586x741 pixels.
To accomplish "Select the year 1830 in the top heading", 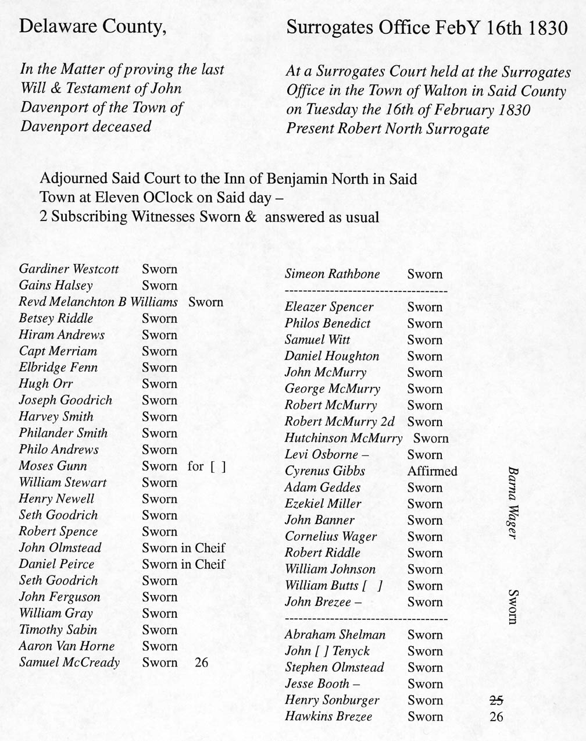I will [548, 28].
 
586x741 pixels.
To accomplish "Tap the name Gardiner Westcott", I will [69, 269].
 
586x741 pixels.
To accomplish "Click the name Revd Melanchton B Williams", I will [98, 302].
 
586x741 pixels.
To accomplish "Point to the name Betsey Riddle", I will [56, 318].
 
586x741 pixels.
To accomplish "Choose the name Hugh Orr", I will [45, 384].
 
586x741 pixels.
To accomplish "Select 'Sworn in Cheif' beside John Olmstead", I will [183, 548].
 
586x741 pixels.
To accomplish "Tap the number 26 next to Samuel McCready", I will [201, 662].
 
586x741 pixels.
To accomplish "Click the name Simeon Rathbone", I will [332, 274].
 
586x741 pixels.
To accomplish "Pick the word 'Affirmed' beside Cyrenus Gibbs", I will [432, 471].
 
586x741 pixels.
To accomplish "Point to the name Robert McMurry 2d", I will [339, 422].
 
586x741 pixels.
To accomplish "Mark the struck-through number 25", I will [496, 700].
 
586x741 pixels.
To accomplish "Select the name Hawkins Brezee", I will [328, 717].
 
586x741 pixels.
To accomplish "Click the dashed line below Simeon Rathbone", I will [366, 290].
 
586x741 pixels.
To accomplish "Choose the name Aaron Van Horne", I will [66, 646].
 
